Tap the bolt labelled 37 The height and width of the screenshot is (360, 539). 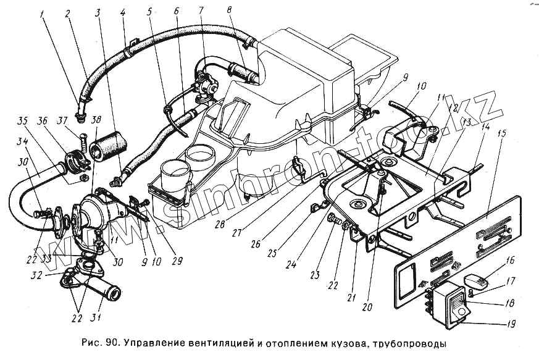(83, 130)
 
